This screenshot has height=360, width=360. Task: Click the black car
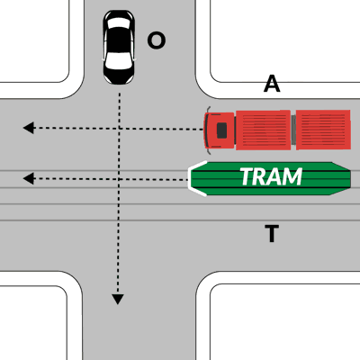pos(119,48)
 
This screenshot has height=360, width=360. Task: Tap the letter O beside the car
pos(157,40)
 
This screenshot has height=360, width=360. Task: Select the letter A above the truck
pos(272,84)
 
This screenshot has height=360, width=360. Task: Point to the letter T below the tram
pos(272,233)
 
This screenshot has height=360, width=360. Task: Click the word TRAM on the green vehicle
pos(271,176)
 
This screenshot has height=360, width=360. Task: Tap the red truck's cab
pos(220,130)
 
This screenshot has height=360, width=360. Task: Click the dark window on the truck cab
pos(221,130)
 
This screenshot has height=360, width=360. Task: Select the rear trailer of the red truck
pos(323,130)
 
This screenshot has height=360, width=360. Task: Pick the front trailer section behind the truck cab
pos(263,130)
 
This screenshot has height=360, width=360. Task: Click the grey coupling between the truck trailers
pos(293,130)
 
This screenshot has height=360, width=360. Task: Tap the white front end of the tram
pos(196,179)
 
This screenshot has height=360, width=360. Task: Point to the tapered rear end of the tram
pos(341,179)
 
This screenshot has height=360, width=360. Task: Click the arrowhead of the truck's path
pos(29,128)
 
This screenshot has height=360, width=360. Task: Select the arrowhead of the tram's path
pos(29,179)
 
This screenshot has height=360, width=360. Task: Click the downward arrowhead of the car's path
pos(118,300)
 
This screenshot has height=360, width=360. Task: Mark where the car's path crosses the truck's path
pos(120,129)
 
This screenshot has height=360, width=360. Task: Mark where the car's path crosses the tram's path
pos(119,179)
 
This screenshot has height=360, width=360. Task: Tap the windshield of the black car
pos(119,60)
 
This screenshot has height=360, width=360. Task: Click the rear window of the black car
pos(119,23)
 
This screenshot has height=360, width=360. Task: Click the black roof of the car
pos(119,40)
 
